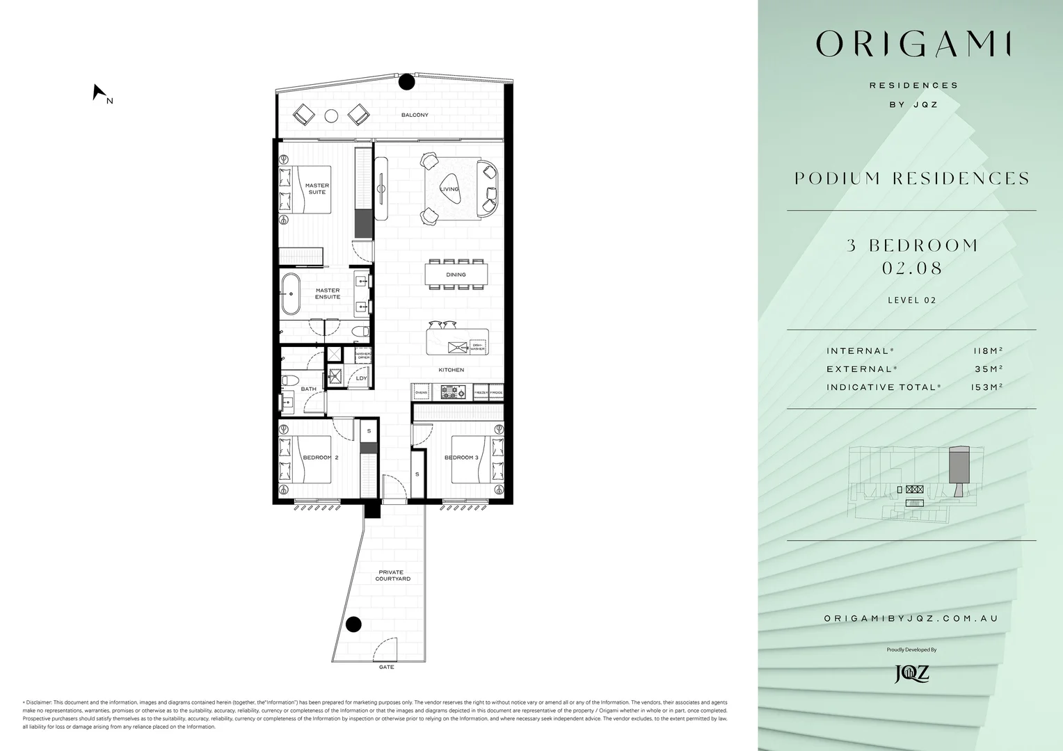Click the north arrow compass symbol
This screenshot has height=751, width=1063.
pos(99,92)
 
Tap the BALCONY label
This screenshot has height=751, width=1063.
pos(415,115)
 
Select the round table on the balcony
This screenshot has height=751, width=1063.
pos(332,115)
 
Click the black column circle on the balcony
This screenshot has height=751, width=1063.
pos(406,82)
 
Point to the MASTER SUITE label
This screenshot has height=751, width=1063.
pos(317,188)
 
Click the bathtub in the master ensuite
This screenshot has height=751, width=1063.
pos(291,293)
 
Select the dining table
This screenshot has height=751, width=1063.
pos(456,274)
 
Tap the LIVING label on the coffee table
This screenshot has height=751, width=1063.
pos(449,189)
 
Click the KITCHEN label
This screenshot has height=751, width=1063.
pos(451,370)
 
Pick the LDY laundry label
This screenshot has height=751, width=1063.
pos(361,378)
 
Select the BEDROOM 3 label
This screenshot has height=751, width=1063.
pos(461,458)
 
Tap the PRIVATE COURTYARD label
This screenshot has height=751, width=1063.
pos(392,575)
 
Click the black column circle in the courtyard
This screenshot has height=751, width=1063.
pos(354,624)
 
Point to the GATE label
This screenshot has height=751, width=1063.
pos(386,667)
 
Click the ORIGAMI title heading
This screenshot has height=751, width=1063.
pos(913,45)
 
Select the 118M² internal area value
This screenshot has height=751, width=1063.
pos(987,351)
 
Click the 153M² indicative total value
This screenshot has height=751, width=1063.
pos(986,387)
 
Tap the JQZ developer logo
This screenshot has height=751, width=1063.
pos(911,673)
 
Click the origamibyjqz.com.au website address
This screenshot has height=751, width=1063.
pos(911,618)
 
